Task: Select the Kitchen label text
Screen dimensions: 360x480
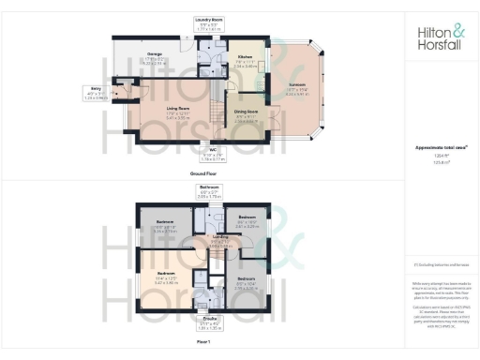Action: point(245,59)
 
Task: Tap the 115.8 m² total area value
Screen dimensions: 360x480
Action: point(440,163)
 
